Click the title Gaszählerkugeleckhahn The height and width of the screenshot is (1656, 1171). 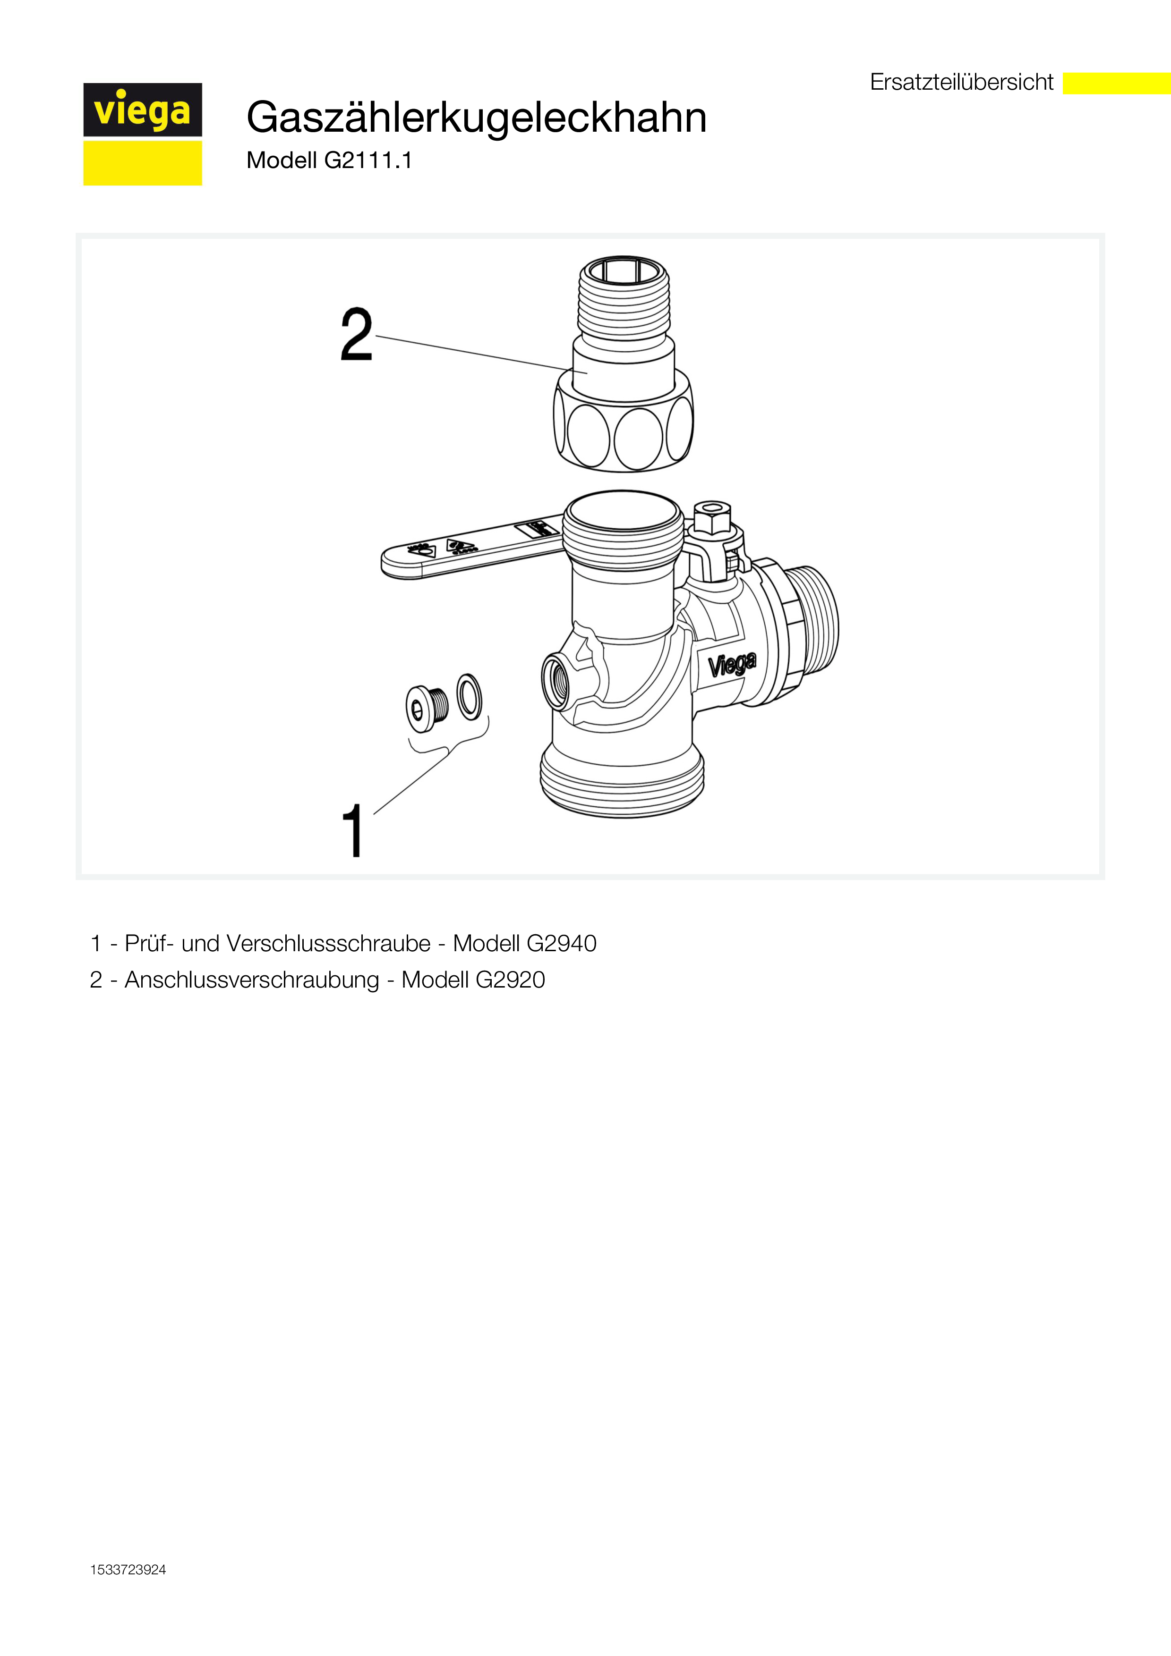click(476, 118)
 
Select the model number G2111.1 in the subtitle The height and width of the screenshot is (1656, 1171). click(368, 160)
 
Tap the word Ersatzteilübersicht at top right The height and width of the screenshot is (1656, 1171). click(962, 82)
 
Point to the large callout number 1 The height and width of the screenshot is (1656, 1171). click(353, 831)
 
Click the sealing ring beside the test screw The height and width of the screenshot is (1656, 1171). click(470, 697)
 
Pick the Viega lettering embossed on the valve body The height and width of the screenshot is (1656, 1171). click(732, 664)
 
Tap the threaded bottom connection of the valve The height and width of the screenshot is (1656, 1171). click(622, 783)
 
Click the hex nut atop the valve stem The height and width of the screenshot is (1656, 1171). click(712, 519)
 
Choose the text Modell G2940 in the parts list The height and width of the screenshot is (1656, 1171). click(524, 943)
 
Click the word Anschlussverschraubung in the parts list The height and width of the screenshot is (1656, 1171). click(252, 980)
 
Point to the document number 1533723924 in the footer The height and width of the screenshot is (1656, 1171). click(128, 1570)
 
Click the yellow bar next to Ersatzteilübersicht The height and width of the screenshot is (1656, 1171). click(1117, 83)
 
